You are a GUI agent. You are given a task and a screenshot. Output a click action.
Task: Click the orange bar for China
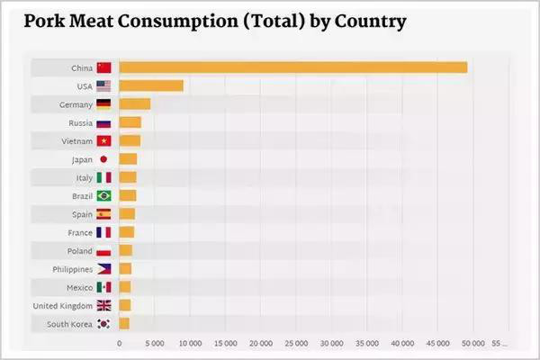[292, 67]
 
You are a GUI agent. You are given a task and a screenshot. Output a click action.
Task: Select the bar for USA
[151, 85]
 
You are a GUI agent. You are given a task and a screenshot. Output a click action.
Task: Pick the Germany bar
[135, 104]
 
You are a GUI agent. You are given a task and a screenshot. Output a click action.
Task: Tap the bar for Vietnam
[130, 140]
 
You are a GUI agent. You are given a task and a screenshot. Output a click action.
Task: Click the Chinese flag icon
[103, 67]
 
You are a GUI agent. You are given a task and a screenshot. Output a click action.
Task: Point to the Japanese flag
[103, 159]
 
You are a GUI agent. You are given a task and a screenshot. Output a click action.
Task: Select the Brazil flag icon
[103, 195]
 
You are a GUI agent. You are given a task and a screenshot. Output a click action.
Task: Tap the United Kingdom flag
[103, 305]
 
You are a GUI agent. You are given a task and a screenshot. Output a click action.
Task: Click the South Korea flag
[103, 324]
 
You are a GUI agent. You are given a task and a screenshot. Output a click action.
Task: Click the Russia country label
[79, 122]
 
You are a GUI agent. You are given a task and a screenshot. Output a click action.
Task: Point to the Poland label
[79, 250]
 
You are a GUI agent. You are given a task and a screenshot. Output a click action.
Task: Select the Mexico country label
[79, 287]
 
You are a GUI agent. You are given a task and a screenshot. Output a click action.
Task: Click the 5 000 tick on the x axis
[154, 343]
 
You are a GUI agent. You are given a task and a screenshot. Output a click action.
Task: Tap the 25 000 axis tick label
[295, 343]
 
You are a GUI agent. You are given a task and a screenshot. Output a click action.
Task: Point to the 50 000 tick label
[472, 343]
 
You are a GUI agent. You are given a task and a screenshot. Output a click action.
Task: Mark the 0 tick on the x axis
[120, 343]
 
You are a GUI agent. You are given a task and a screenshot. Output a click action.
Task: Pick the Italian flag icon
[103, 177]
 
